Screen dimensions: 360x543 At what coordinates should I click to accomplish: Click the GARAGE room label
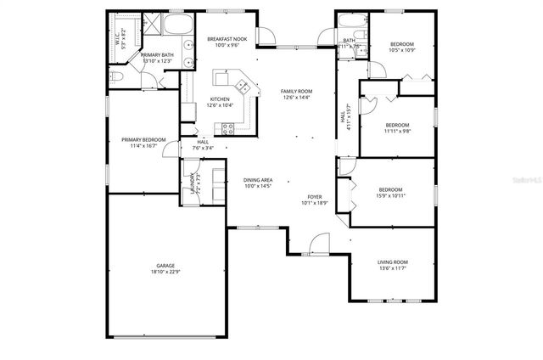pos(165,265)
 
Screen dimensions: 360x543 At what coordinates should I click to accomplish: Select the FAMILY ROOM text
pos(297,91)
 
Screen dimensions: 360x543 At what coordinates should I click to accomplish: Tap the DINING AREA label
pos(257,180)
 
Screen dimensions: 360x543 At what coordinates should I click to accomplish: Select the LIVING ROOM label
pos(393,262)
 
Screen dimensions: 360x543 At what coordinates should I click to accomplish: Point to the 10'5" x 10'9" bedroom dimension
pos(401,50)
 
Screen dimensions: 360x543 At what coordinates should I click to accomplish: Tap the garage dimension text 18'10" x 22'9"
pos(165,272)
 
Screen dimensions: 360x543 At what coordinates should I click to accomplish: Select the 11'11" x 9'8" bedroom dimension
pos(397,131)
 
